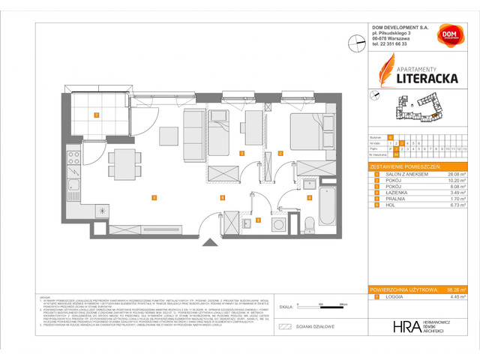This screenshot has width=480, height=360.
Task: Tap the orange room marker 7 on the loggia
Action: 96,115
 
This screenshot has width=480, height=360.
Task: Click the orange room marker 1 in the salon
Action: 153,198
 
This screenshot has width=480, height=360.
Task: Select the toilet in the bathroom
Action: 309,220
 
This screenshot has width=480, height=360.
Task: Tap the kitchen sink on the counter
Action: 74,185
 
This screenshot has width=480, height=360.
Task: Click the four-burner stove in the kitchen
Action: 74,158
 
